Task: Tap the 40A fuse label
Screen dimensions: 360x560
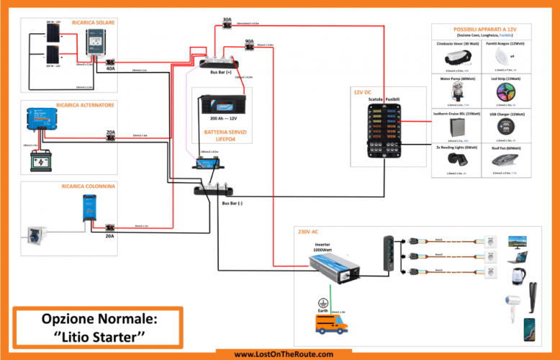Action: coord(110,69)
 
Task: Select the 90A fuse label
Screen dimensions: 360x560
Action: coord(249,41)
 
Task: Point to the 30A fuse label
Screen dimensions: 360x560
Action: coord(227,19)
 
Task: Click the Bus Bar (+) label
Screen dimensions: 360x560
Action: coord(219,73)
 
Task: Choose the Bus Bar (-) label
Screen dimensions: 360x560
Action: coord(231,202)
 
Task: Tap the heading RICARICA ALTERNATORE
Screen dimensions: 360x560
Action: coord(85,105)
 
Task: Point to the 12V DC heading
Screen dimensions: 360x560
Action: coord(362,92)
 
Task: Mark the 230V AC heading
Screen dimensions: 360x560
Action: coord(308,232)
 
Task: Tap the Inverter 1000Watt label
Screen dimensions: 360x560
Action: coord(322,247)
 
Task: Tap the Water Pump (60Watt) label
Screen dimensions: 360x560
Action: coord(453,78)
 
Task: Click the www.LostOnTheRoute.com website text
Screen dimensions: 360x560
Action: coord(284,354)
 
